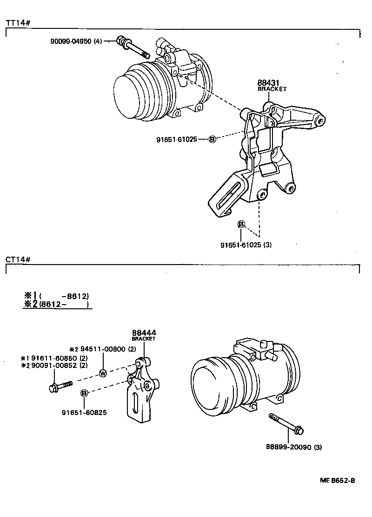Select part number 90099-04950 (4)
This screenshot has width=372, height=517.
coord(76,41)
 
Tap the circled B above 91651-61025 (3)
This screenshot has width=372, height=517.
coord(241,224)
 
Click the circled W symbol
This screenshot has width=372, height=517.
coord(103,373)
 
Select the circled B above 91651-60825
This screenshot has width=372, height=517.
coord(84,393)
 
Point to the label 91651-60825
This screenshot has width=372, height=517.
coord(84,412)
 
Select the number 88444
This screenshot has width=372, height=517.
coord(144,333)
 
